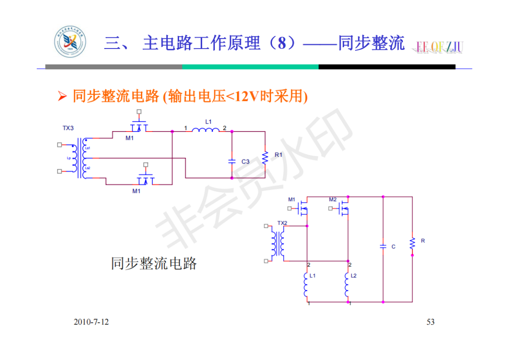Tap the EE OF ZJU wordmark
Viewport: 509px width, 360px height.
[x=439, y=46]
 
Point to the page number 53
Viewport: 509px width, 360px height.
[x=430, y=322]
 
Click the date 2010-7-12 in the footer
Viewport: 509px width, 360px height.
[x=91, y=322]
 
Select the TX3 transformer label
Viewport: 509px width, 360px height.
[x=68, y=128]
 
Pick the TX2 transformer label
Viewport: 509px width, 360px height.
[x=282, y=223]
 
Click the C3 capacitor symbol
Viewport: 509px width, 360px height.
[x=231, y=161]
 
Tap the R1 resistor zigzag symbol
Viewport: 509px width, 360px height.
[x=265, y=158]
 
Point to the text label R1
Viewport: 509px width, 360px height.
[x=279, y=155]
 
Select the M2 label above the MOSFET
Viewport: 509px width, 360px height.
[x=333, y=200]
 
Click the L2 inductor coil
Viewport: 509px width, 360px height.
[x=348, y=283]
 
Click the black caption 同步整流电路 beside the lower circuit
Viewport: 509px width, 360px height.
[x=154, y=263]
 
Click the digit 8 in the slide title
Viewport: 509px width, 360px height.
[x=282, y=44]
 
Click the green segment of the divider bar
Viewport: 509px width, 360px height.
[x=250, y=67]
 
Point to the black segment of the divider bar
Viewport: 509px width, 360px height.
[x=386, y=67]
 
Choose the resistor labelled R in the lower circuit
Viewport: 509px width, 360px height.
[x=412, y=243]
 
